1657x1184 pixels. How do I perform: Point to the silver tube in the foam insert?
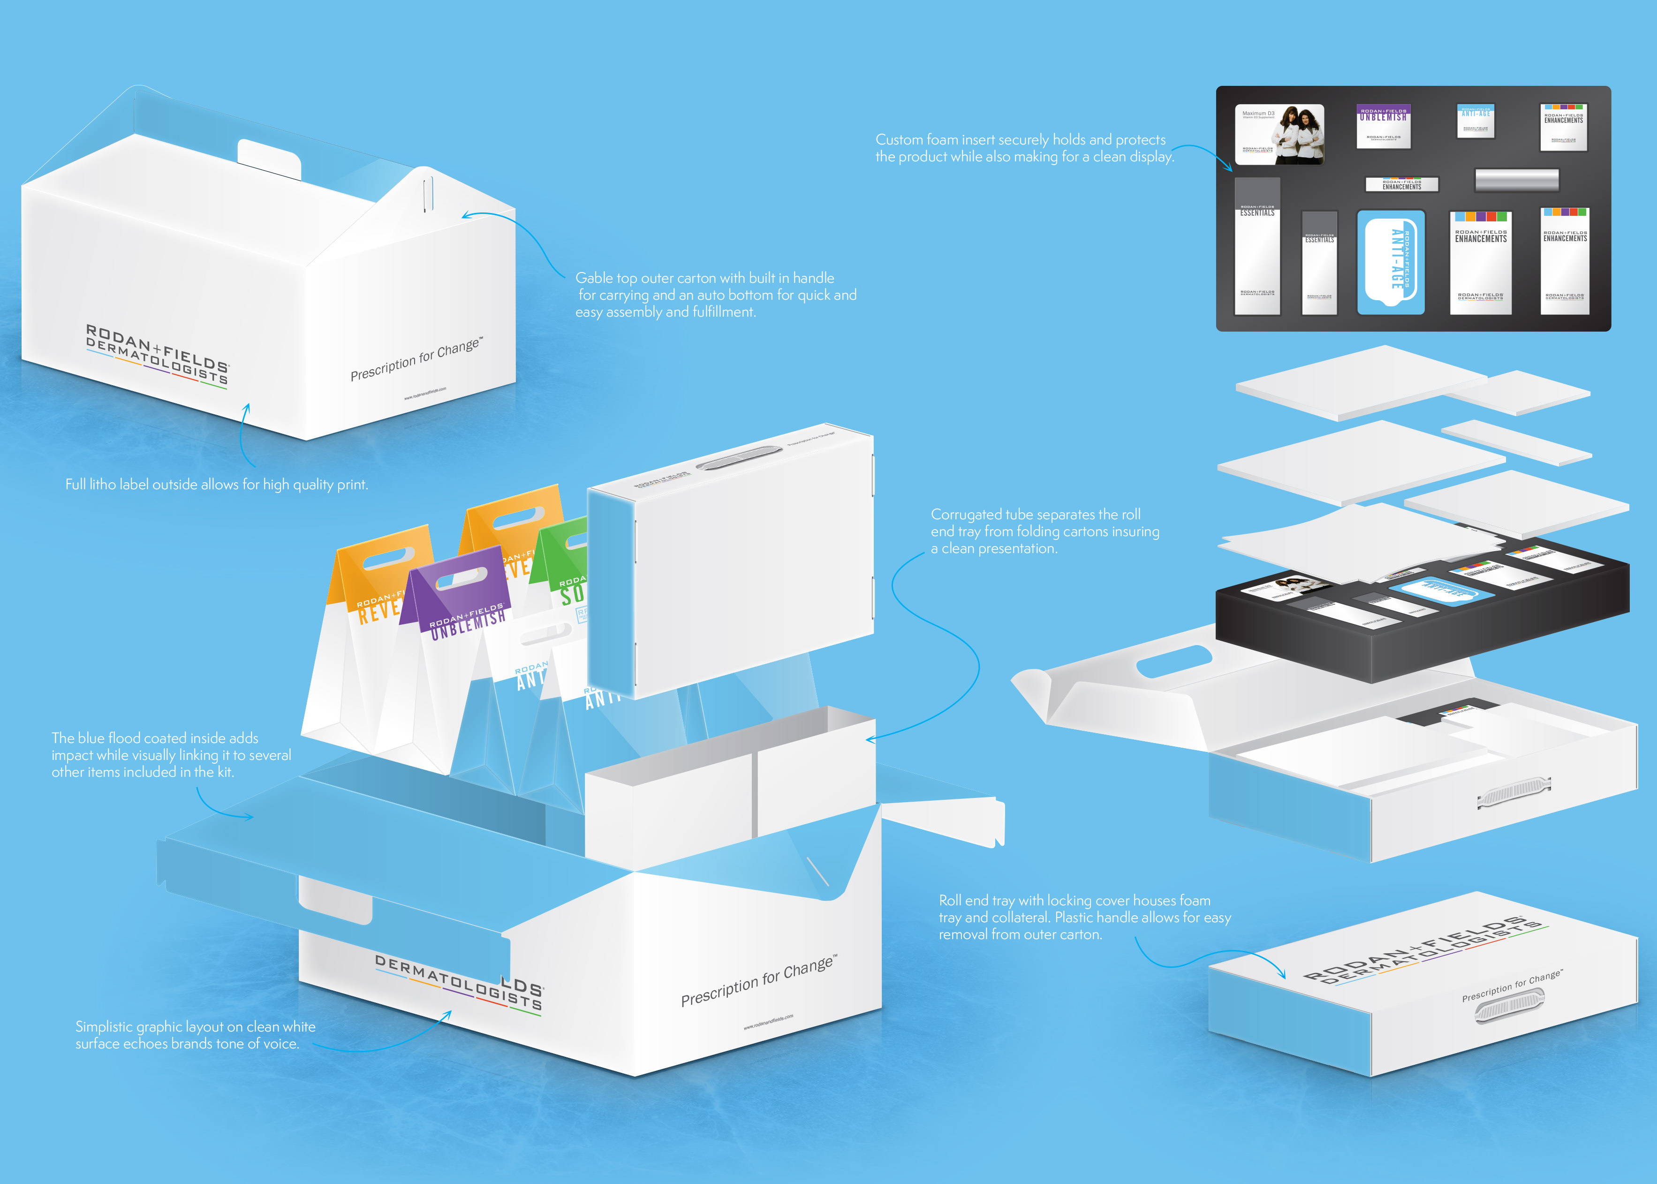point(1516,179)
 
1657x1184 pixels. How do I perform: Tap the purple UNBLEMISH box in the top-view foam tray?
point(1383,125)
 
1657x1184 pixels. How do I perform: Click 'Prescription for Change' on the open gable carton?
point(758,980)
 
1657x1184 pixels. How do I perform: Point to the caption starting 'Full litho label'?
point(217,484)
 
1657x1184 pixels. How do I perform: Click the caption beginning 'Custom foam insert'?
point(1024,148)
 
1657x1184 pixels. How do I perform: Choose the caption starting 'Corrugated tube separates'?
point(1044,531)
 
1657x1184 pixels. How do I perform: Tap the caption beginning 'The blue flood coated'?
point(171,755)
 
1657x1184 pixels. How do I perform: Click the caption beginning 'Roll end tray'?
point(1084,917)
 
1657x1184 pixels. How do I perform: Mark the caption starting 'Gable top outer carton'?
point(715,295)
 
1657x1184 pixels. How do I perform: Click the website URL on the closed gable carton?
point(425,394)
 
